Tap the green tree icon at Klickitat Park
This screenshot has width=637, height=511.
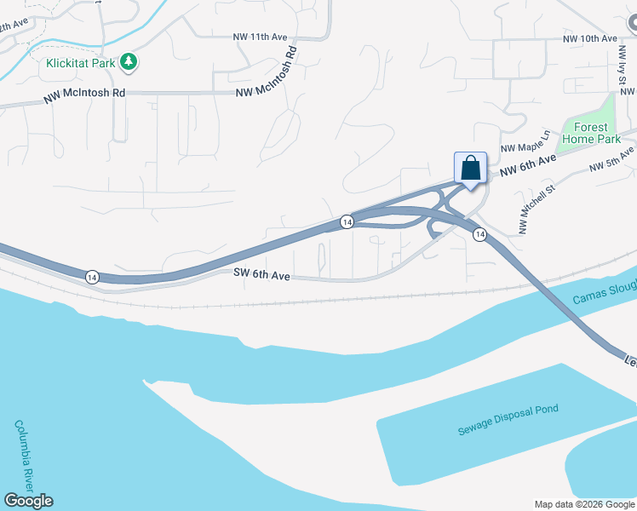pyautogui.click(x=129, y=61)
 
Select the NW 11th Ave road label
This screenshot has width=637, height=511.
pyautogui.click(x=260, y=37)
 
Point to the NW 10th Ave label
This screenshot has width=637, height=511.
pyautogui.click(x=589, y=39)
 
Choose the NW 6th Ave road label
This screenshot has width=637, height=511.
pyautogui.click(x=528, y=164)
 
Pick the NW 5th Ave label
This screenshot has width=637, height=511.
pyautogui.click(x=612, y=158)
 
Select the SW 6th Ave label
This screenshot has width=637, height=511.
pyautogui.click(x=262, y=275)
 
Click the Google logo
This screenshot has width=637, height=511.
pyautogui.click(x=28, y=501)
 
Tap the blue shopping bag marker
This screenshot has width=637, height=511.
pyautogui.click(x=470, y=169)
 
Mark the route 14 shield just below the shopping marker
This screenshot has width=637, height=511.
pyautogui.click(x=480, y=234)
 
